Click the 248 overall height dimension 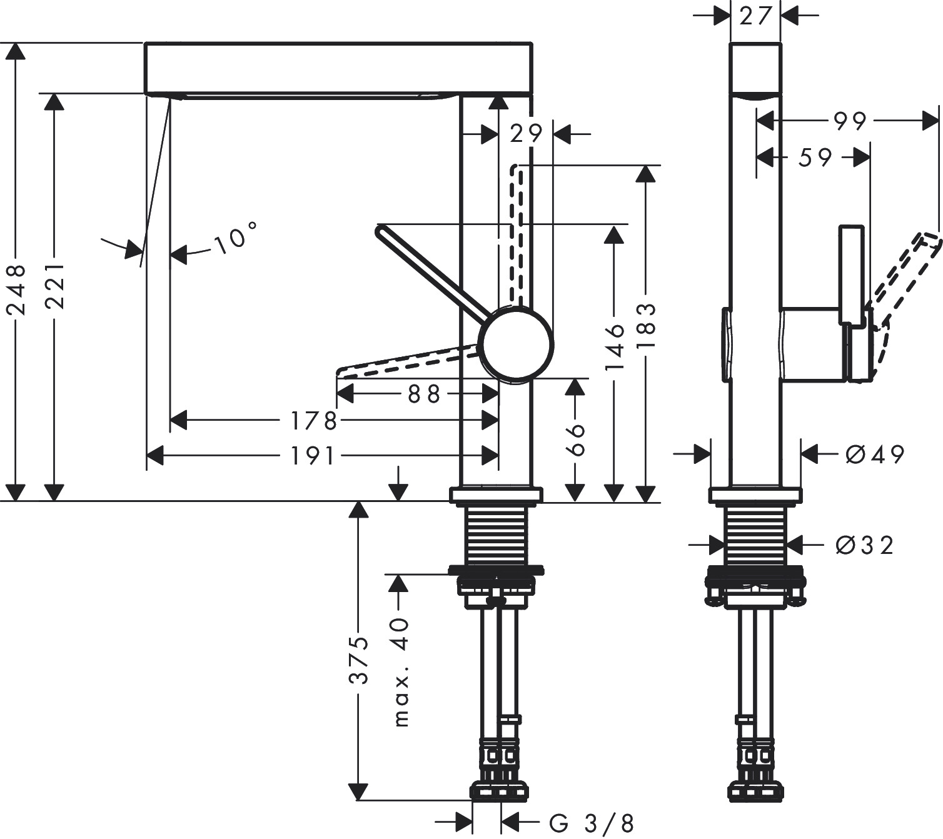tap(15, 289)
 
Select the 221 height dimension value tap(55, 285)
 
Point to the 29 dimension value tap(525, 133)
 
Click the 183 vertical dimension tap(645, 326)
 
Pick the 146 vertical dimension tap(615, 347)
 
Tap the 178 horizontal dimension tap(313, 421)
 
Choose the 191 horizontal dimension tap(313, 456)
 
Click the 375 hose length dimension tap(358, 660)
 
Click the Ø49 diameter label tap(874, 455)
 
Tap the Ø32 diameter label tap(864, 545)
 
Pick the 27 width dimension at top tap(755, 16)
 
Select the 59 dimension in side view tap(814, 158)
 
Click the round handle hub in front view tap(515, 343)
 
